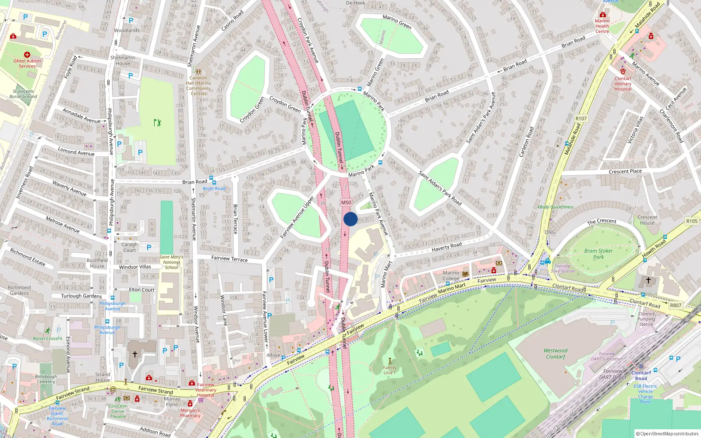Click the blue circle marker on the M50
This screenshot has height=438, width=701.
click(350, 219)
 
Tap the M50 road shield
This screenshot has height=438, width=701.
click(346, 202)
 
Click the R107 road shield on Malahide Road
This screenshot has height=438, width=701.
click(581, 119)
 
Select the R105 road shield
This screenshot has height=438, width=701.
click(692, 221)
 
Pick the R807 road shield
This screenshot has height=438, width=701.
click(676, 305)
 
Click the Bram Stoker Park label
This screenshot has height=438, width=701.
click(598, 254)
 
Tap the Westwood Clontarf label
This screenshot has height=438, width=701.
click(556, 353)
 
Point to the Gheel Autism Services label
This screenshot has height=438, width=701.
click(27, 64)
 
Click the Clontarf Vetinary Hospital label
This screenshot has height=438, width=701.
click(623, 84)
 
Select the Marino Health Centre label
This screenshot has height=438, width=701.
click(602, 26)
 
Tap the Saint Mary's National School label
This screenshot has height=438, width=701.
click(171, 262)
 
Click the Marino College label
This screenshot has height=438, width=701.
click(451, 276)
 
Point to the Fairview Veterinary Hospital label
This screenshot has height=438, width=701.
click(205, 390)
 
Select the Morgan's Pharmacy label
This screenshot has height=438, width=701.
click(190, 413)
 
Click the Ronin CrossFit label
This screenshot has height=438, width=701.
click(48, 338)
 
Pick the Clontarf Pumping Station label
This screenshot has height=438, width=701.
click(646, 319)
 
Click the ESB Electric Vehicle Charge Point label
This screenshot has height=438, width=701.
click(645, 394)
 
